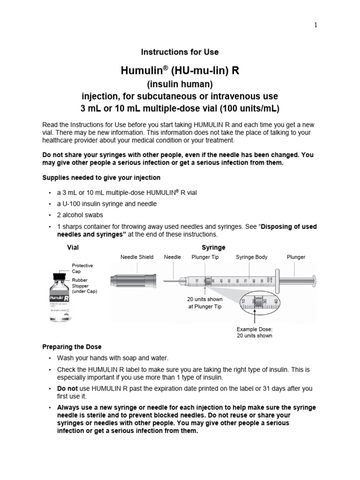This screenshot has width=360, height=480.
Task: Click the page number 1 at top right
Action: [315, 25]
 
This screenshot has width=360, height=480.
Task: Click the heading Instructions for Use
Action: [180, 52]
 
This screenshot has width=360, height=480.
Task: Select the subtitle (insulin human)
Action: [180, 84]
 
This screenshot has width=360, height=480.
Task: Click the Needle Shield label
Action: [137, 257]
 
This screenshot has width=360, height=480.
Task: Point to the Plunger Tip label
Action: [207, 257]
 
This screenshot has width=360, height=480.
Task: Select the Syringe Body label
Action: [252, 257]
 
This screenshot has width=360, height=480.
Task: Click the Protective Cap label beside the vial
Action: [82, 268]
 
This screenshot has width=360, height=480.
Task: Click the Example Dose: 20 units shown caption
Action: [254, 332]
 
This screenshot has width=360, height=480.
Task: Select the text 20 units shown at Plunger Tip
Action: [205, 303]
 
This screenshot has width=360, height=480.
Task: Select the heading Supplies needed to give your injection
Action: [101, 178]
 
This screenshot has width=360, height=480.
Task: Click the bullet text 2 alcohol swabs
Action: [80, 215]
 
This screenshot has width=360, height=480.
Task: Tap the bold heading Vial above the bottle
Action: [73, 247]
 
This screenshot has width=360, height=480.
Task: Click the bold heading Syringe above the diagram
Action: [213, 247]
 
